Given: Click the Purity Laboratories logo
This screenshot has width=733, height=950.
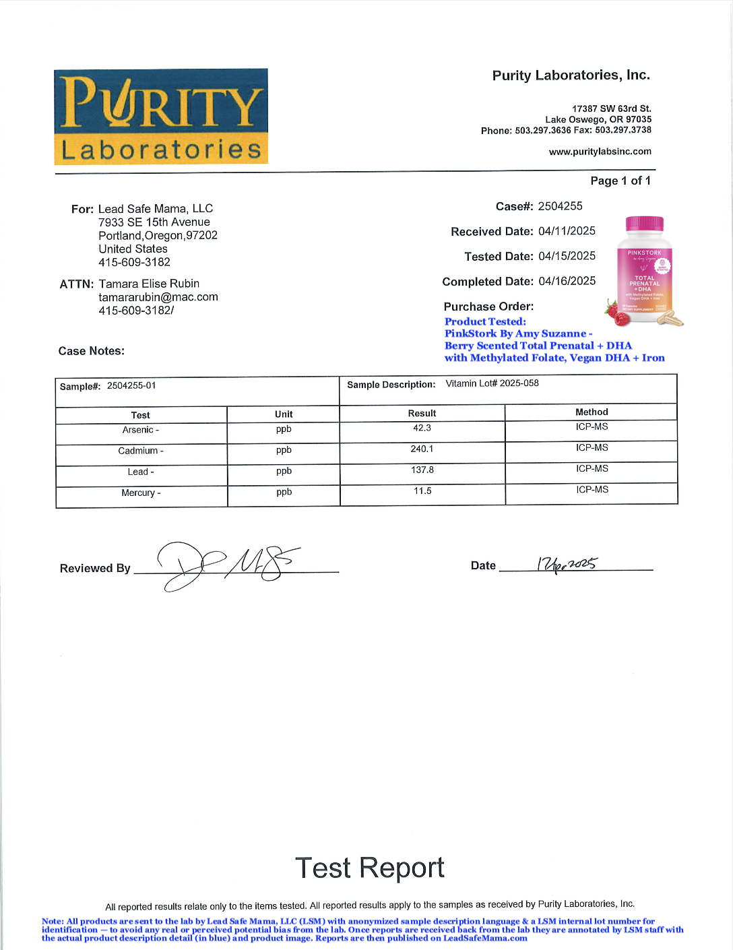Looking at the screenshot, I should tap(161, 116).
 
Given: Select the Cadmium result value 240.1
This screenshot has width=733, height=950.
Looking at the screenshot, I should tap(422, 449).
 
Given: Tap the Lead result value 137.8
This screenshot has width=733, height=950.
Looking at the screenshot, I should tap(422, 470).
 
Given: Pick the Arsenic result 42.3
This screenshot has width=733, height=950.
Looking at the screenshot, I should tap(422, 428).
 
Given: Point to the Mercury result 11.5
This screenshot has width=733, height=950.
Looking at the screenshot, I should tap(422, 490).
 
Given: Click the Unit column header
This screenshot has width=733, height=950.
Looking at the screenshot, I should tap(284, 414).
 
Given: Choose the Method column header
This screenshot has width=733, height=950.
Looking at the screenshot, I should tap(592, 412).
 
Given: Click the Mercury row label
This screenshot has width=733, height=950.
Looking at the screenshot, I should tap(141, 493).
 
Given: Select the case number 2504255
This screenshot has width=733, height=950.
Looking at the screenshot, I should tap(560, 206).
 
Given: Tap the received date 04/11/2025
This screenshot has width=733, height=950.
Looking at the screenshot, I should tap(567, 231).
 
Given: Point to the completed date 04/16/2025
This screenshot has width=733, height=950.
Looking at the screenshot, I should tap(567, 281).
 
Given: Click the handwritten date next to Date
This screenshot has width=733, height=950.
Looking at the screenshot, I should tap(566, 565).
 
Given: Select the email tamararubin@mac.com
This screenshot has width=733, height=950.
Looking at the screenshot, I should tap(158, 297).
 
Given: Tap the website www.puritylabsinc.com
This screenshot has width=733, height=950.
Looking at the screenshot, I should tap(600, 152).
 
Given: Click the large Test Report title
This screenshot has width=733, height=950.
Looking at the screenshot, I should tap(369, 868).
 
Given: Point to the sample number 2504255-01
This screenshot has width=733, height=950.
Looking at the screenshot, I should tap(131, 385).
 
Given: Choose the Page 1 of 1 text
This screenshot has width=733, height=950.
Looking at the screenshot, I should tap(620, 181).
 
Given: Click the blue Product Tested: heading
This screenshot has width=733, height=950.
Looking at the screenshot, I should tap(485, 321).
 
